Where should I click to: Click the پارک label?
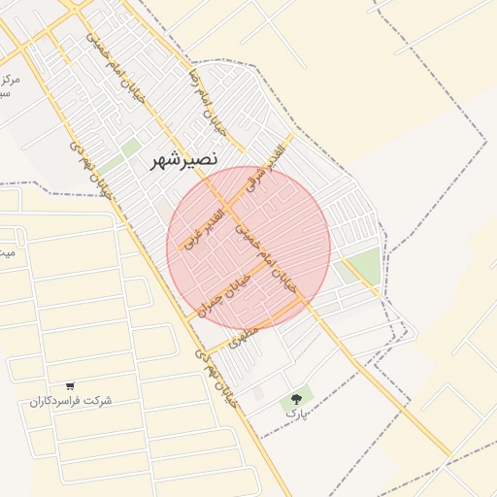pyautogui.click(x=295, y=414)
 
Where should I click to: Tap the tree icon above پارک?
pyautogui.click(x=296, y=398)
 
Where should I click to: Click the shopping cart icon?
pyautogui.click(x=70, y=385)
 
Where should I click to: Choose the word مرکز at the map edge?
pyautogui.click(x=10, y=80)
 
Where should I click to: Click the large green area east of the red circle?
pyautogui.click(x=359, y=264)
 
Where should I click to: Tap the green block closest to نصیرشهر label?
pyautogui.click(x=131, y=148)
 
